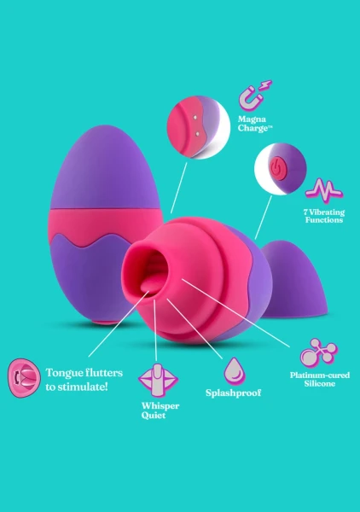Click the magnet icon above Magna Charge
point(254,96)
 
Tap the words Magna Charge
point(255,124)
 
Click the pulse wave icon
point(324,190)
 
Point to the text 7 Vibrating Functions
point(324,216)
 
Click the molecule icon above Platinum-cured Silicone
point(318,352)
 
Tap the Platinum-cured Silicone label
point(320,379)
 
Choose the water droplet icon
point(235,370)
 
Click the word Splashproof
point(234,393)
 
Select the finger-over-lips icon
point(158,381)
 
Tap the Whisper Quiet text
point(160,410)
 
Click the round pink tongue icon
point(24,378)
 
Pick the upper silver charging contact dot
point(195,117)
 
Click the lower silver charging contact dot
point(197,132)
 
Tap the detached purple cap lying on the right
point(293,280)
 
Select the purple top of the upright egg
point(106,168)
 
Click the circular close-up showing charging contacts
point(199,127)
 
